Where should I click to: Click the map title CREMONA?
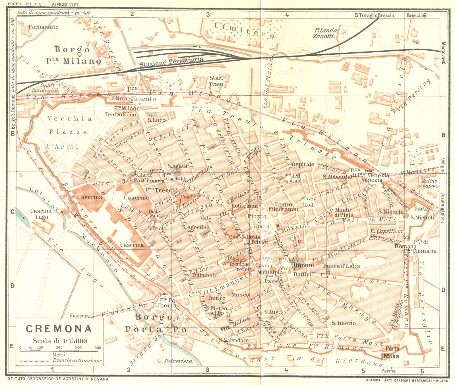click(x=59, y=329)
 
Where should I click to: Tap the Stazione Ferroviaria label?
click(x=171, y=61)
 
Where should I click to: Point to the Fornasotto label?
click(x=44, y=27)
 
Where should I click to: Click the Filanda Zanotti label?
click(x=325, y=33)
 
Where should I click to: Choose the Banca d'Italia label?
click(x=341, y=266)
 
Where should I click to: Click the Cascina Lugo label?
click(x=41, y=214)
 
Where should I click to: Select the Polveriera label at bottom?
click(x=178, y=361)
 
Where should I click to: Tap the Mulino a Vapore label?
click(x=429, y=183)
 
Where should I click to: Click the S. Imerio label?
click(x=344, y=323)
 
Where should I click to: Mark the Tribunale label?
click(x=204, y=275)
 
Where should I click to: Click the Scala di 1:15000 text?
click(x=60, y=341)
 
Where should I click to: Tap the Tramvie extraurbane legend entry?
click(x=77, y=361)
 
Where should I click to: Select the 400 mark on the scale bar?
click(x=98, y=347)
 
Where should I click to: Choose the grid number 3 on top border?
click(x=208, y=15)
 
